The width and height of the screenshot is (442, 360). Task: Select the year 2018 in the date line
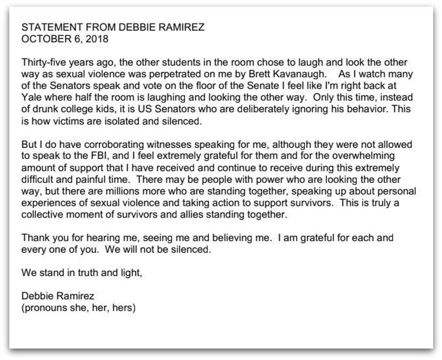(x=98, y=39)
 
